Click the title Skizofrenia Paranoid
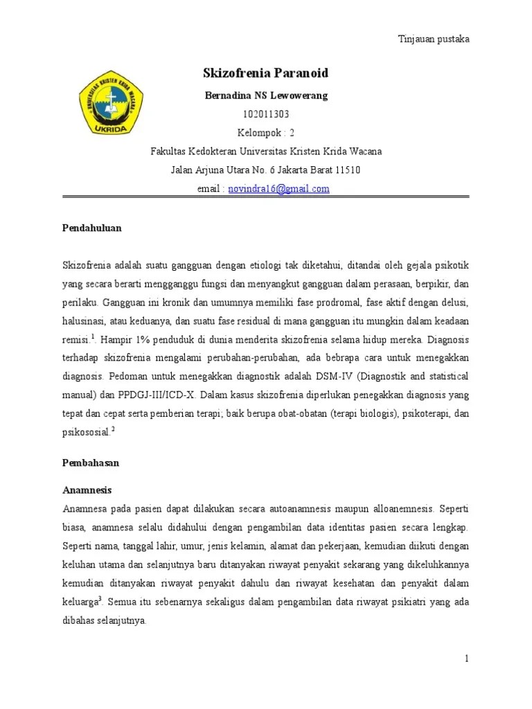pos(265,73)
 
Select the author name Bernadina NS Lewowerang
pos(265,96)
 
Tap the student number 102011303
pos(266,114)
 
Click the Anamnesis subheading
pos(87,489)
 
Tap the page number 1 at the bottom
pos(467,658)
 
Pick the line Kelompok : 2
pos(266,133)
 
